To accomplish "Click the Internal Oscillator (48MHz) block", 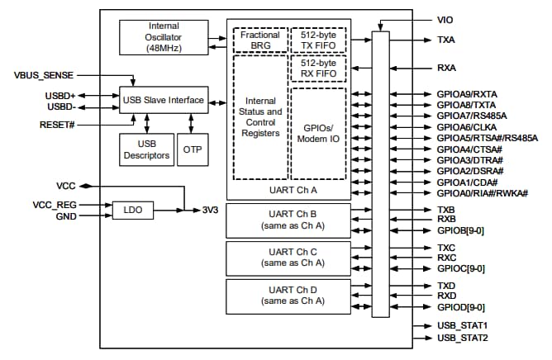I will click(x=164, y=37).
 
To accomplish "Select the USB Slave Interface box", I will click(x=164, y=100).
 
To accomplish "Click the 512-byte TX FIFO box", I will click(x=318, y=40).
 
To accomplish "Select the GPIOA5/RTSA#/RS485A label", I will click(x=487, y=137).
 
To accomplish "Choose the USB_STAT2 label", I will click(x=462, y=339).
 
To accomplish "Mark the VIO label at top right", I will click(x=445, y=18).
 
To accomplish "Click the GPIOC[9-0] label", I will click(x=461, y=268).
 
